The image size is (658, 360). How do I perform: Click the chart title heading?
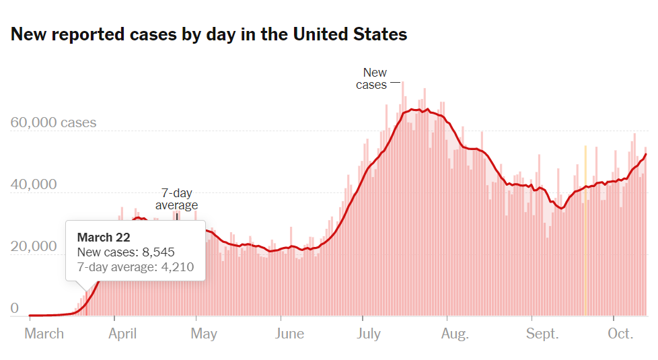pos(209,34)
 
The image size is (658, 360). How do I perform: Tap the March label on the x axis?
pos(44,334)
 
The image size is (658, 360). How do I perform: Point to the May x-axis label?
pos(203,334)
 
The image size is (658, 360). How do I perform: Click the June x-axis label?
pos(289,334)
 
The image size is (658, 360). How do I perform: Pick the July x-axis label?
pos(369,334)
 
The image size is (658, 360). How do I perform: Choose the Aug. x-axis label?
pos(454,334)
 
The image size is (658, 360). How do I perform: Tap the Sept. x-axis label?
pos(542,334)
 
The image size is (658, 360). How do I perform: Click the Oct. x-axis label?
pos(620,334)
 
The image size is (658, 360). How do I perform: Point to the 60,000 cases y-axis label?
pos(54,123)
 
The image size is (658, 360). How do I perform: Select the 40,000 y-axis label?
pos(34,184)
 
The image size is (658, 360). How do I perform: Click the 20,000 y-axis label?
pos(34,246)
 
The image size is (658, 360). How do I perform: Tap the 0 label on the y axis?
pos(14,309)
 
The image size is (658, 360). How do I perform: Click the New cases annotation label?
pos(373,79)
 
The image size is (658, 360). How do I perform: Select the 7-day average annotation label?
pos(176,199)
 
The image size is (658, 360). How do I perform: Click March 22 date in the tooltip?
pos(104,238)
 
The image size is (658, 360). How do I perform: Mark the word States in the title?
pos(381,34)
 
